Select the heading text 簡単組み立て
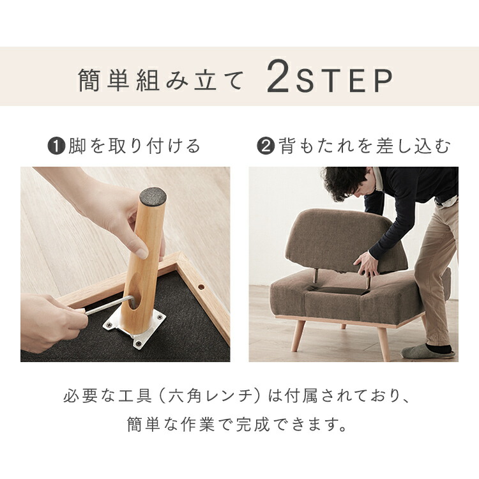[160, 80]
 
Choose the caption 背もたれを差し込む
[364, 146]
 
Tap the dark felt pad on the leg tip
[153, 195]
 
